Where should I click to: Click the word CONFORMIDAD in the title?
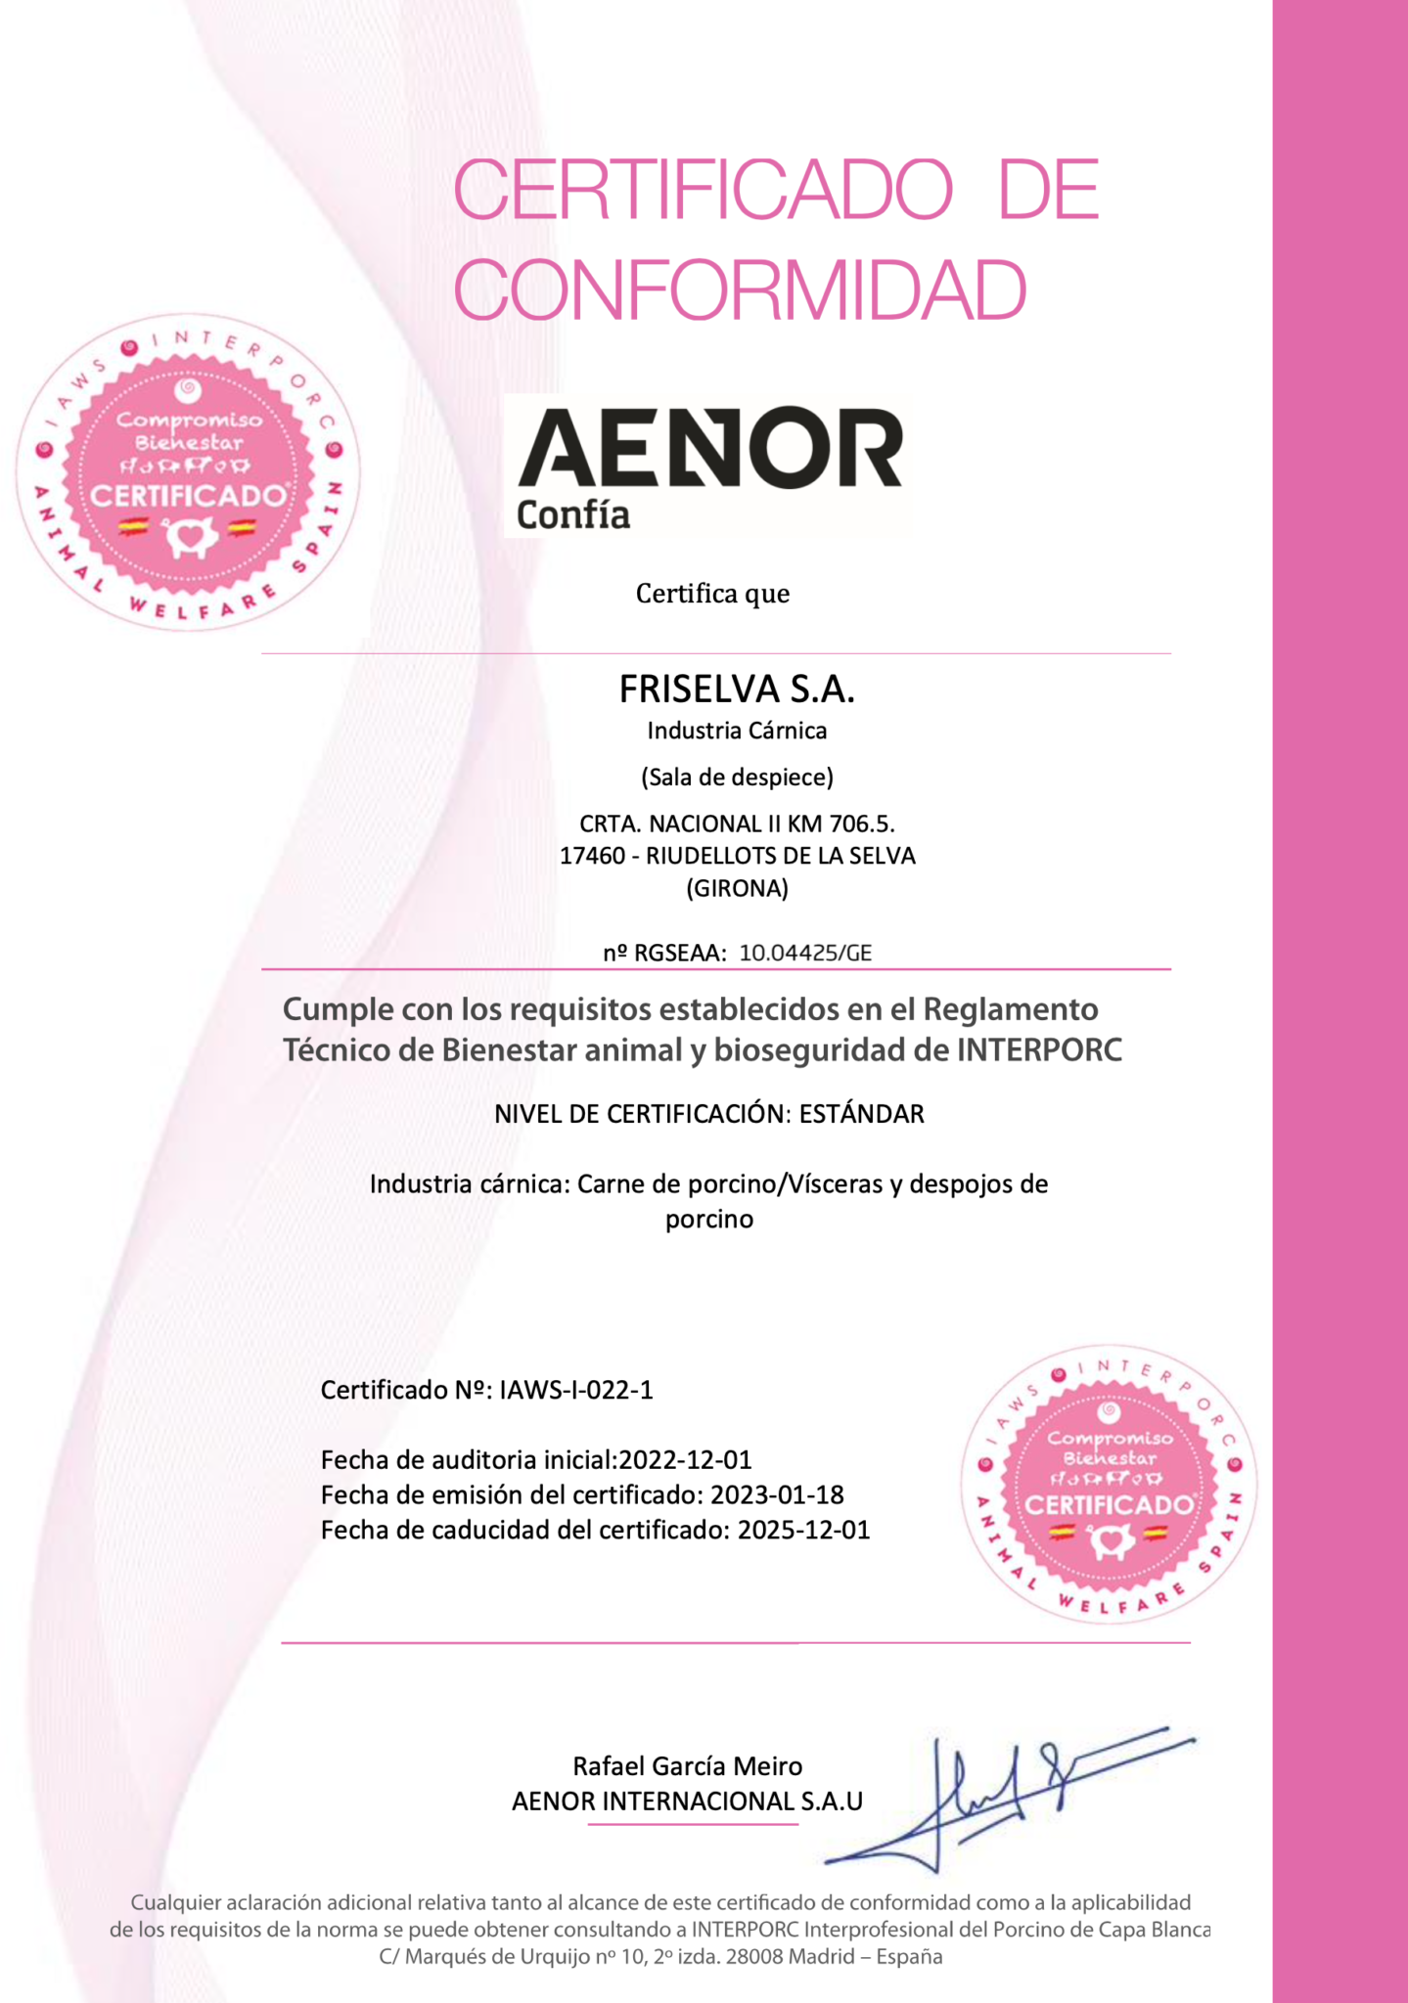[740, 289]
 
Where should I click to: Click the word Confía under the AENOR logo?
[572, 515]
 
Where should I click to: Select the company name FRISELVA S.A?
[737, 690]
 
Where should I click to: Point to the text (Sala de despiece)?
[737, 778]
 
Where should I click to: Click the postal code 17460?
[592, 856]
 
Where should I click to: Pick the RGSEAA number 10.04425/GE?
[805, 953]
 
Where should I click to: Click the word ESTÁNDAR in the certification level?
[861, 1114]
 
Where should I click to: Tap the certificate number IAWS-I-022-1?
[575, 1390]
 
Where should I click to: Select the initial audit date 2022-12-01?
[685, 1460]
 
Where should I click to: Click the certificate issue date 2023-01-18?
[777, 1495]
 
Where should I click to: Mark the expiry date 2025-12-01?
[803, 1531]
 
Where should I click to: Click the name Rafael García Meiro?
[687, 1766]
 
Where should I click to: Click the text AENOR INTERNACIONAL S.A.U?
[687, 1802]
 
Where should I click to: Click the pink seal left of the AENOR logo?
[188, 472]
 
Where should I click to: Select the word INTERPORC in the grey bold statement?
[1038, 1050]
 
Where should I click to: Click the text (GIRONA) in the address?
[737, 889]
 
